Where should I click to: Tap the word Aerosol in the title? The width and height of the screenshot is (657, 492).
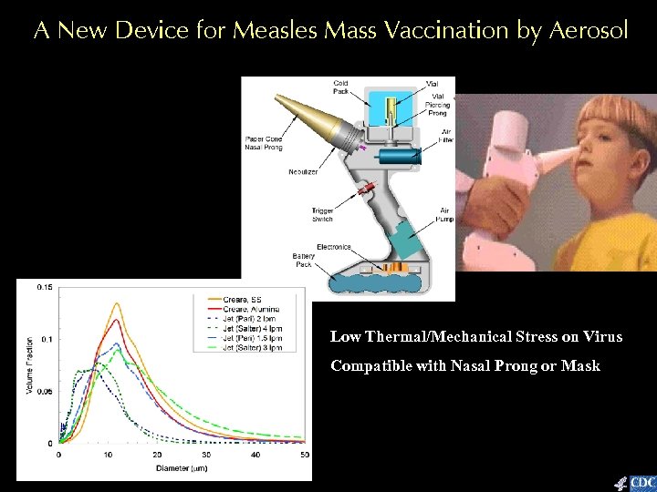click(589, 31)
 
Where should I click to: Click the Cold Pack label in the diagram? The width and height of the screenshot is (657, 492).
click(340, 87)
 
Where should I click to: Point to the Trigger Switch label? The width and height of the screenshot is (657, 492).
click(321, 216)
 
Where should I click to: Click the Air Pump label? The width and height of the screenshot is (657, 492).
click(443, 215)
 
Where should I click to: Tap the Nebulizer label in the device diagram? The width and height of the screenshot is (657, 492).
click(303, 172)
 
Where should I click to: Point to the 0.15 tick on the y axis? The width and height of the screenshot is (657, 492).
click(44, 287)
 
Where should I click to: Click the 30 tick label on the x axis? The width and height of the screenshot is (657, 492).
click(206, 454)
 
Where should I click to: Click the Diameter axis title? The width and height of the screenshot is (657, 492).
click(177, 468)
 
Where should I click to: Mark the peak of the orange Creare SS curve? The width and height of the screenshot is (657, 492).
click(117, 303)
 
